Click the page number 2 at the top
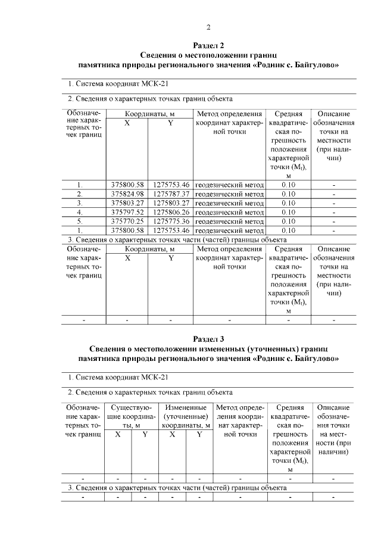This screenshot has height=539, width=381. coord(209,27)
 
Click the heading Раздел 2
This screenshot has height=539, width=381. coord(209,45)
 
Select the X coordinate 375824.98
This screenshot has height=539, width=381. coord(127,194)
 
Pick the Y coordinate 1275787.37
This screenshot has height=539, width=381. coord(171,194)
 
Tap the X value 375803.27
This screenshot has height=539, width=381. coord(127,203)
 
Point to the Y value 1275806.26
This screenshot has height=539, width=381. coord(171,212)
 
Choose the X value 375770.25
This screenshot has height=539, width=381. coord(127,221)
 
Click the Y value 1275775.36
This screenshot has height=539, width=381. coord(171,221)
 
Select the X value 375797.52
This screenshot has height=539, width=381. coord(127,212)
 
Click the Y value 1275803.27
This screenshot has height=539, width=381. coord(171,203)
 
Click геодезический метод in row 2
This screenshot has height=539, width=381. coord(229,194)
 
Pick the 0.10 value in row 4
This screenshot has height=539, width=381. coord(288,212)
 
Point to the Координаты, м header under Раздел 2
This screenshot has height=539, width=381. coord(149,114)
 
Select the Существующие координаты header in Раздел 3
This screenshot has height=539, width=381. coord(130,415)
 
